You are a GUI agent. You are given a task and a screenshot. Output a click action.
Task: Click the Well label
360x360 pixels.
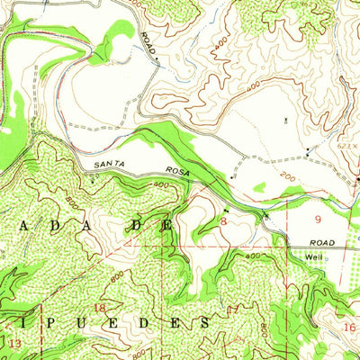point(313,256)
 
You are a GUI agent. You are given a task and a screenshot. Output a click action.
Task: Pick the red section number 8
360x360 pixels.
point(223,220)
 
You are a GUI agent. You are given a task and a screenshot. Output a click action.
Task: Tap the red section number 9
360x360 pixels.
point(317,218)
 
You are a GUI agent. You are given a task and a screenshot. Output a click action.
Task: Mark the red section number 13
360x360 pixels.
point(13,344)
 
